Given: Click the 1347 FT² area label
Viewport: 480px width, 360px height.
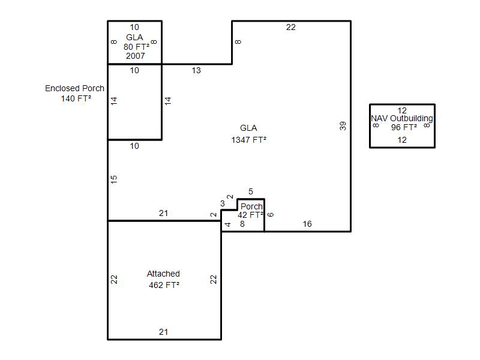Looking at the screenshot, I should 248,140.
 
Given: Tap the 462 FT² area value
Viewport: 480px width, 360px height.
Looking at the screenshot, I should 164,285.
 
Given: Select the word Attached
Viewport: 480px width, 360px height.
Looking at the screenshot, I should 163,274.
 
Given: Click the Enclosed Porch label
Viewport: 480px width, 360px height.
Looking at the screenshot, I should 74,88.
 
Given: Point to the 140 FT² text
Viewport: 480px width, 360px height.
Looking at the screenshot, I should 76,98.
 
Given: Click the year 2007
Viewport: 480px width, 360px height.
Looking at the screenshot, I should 135,56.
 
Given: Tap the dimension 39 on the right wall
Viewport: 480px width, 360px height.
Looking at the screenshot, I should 343,126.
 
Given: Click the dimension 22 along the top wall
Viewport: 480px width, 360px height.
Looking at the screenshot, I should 291,27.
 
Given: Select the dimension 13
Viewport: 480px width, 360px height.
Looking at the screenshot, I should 196,71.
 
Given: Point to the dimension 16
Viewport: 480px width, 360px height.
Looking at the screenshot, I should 307,224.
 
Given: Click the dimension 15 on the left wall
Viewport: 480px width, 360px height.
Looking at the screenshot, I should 114,179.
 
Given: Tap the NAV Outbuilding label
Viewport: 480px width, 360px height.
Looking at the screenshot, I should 402,118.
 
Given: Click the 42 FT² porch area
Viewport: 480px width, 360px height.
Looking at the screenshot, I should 251,215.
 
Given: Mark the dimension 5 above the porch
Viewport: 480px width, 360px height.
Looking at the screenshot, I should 251,192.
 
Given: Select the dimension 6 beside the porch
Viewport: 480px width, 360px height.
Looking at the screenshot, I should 270,214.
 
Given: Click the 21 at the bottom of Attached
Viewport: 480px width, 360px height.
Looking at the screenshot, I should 164,332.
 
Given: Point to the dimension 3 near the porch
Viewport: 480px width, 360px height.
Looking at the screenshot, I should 223,204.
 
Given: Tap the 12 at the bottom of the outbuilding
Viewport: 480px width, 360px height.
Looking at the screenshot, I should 402,140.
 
